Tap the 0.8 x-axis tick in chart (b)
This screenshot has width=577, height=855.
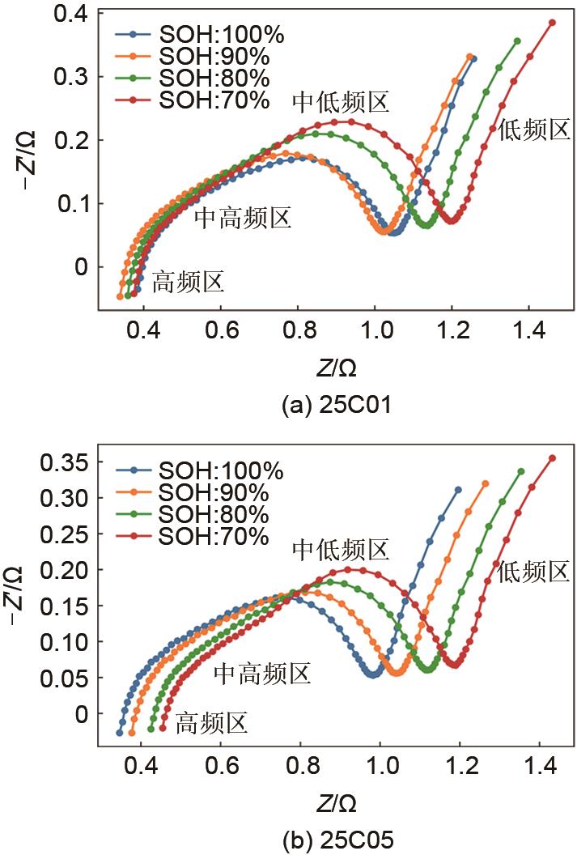(x=301, y=764)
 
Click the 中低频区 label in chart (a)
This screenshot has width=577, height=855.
(x=341, y=102)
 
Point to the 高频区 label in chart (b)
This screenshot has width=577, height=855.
(x=211, y=723)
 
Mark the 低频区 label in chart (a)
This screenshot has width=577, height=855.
(x=535, y=130)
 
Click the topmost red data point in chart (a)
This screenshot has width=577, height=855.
(x=553, y=23)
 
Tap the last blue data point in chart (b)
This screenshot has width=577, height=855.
(x=458, y=489)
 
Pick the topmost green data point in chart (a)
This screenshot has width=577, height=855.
(x=517, y=40)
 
